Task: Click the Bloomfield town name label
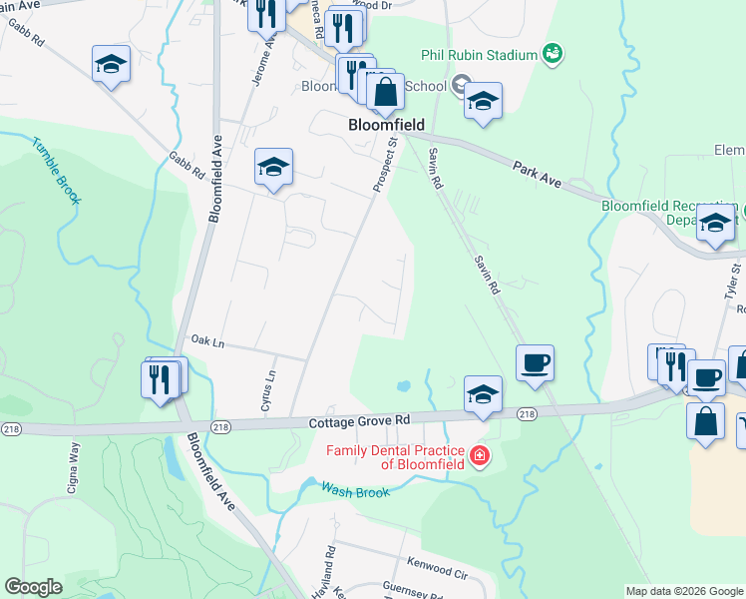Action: point(386,126)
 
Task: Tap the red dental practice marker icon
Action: point(481,457)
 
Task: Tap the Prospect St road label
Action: point(385,165)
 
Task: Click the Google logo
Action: point(34,587)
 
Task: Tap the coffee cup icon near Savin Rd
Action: point(535,361)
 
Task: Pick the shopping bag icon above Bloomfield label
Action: point(384,92)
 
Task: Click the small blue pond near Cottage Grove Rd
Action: point(403,385)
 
